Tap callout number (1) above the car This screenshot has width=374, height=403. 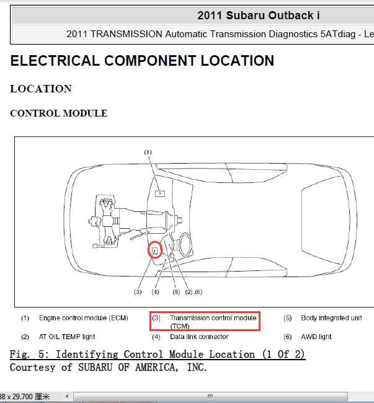pos(148,153)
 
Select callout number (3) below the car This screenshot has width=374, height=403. pos(138,292)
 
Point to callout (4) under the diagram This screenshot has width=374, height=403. pos(155,292)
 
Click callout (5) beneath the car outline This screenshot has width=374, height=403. pos(176,292)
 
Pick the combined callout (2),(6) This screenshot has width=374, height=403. pos(194,292)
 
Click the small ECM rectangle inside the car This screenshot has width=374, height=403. pos(160,193)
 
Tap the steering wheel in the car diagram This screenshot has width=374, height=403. pos(185,245)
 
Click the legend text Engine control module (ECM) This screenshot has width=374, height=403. pos(84,318)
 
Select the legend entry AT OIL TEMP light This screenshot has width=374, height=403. pos(67,337)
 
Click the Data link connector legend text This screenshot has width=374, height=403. pos(199,337)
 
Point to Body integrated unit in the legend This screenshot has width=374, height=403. pos(332,318)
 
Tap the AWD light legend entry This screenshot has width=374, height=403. pos(316,337)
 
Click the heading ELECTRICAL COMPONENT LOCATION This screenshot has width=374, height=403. pos(142,61)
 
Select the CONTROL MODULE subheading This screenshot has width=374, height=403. pos(58,113)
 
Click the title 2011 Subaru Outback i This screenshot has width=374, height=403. pos(259,15)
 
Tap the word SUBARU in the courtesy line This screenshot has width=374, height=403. pos(96,367)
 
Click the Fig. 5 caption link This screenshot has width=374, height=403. pos(158,355)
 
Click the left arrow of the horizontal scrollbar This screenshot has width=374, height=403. pos(67,396)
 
